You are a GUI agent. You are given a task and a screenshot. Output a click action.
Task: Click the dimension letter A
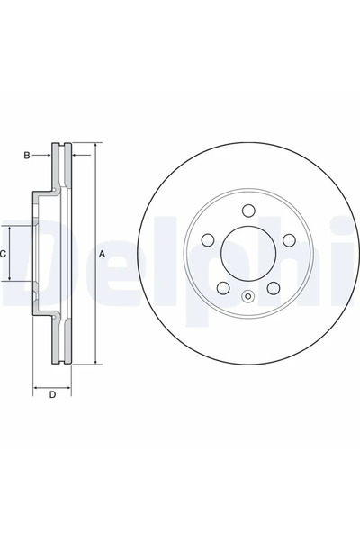(x=103, y=255)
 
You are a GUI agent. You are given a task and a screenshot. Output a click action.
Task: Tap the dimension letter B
(x=27, y=157)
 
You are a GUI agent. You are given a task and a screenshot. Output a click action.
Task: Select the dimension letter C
(x=4, y=255)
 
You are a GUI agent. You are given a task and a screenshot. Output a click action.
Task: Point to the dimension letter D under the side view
(x=52, y=394)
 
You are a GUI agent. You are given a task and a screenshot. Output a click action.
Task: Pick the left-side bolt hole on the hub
(x=208, y=240)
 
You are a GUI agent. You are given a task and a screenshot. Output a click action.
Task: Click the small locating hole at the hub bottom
(x=248, y=297)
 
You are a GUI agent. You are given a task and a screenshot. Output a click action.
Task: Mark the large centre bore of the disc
(x=248, y=256)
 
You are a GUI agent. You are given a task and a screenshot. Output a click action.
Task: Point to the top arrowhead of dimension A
(x=94, y=145)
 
